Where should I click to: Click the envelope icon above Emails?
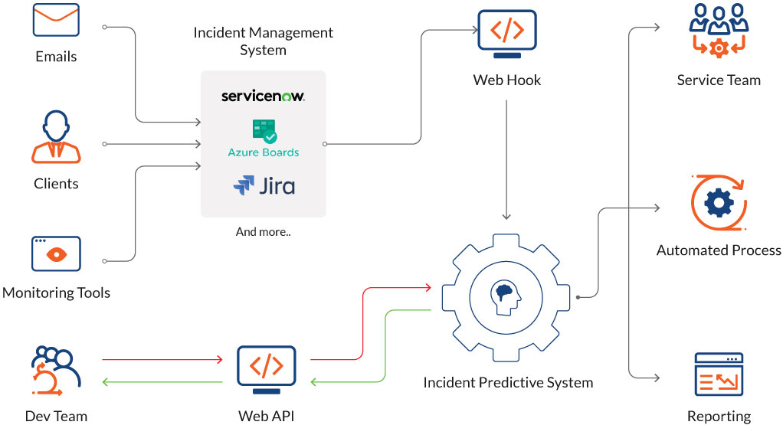coord(56,21)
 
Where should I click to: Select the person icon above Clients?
coord(56,138)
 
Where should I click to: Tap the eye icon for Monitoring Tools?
coord(56,253)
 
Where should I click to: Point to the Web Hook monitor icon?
coord(506,34)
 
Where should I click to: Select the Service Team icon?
coord(718,31)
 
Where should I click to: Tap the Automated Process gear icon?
coord(718,204)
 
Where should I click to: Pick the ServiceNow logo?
coord(263,96)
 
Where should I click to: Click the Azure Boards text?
coord(263,152)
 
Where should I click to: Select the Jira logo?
coord(264,186)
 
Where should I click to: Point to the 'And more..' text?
coord(263,231)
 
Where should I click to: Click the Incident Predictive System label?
coord(508,381)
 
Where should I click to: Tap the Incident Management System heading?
coord(263,41)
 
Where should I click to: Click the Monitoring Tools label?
coord(56,293)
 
